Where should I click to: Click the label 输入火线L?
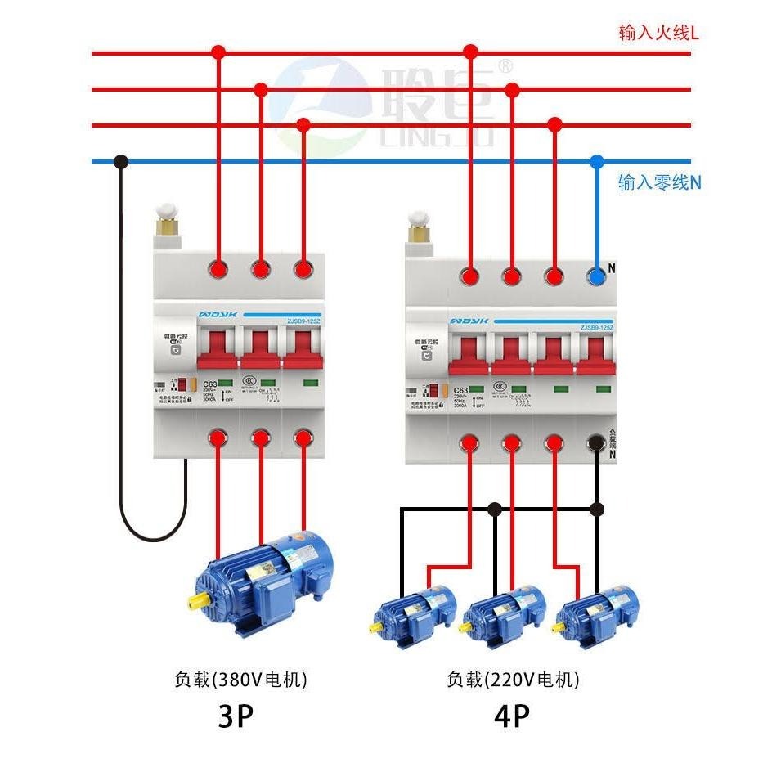pyautogui.click(x=659, y=34)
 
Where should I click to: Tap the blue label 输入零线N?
pyautogui.click(x=659, y=182)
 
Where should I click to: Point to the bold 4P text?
pyautogui.click(x=512, y=717)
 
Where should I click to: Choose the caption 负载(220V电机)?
pyautogui.click(x=513, y=679)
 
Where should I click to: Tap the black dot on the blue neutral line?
pyautogui.click(x=122, y=161)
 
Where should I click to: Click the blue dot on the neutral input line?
pyautogui.click(x=597, y=161)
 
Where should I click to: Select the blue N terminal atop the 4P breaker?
pyautogui.click(x=597, y=277)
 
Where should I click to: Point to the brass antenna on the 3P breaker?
pyautogui.click(x=168, y=225)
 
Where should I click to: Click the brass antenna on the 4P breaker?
pyautogui.click(x=420, y=230)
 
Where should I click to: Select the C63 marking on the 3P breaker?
pyautogui.click(x=209, y=384)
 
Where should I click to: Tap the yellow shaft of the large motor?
pyautogui.click(x=197, y=601)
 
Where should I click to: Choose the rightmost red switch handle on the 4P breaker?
pyautogui.click(x=597, y=357)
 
